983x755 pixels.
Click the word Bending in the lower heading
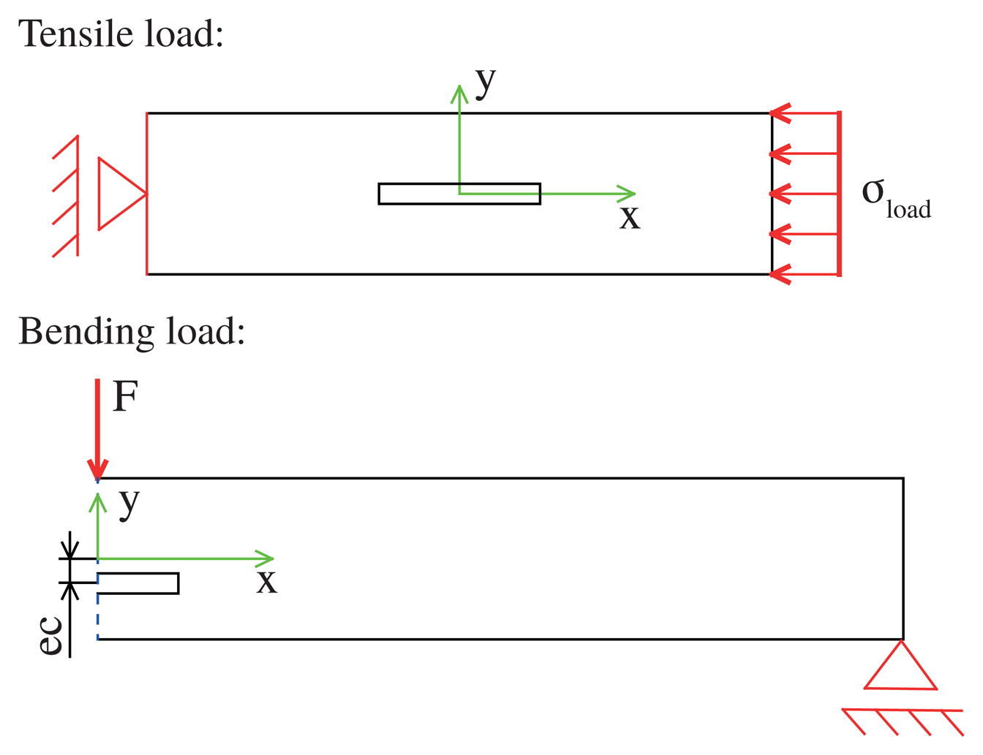pos(86,331)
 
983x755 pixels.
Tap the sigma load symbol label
pos(895,197)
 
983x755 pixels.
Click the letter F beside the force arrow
pos(125,398)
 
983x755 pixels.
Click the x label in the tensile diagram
pos(629,218)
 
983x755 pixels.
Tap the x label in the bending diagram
pos(267,582)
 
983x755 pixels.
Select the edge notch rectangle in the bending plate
pos(139,583)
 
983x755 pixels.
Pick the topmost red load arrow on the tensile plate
pos(805,113)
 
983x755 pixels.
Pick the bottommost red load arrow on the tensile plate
pos(805,275)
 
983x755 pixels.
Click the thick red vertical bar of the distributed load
pos(840,194)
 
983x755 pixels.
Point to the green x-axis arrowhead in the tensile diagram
pos(628,194)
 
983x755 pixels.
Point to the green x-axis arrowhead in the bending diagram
pos(265,559)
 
